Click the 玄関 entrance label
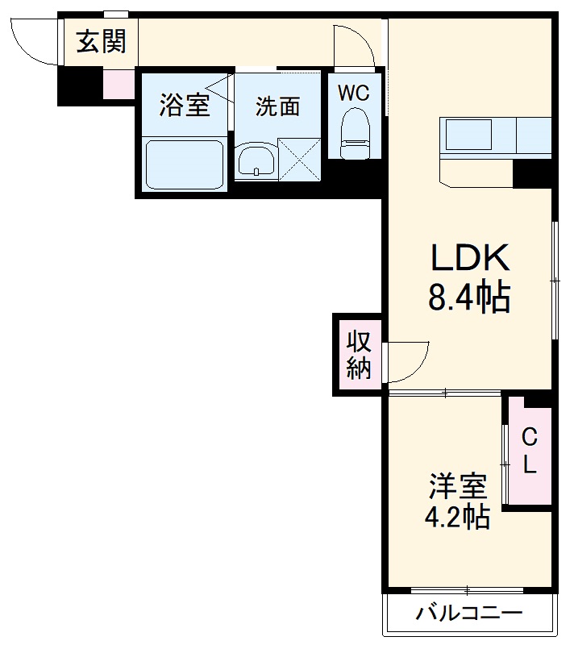[101, 41]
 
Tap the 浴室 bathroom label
[184, 106]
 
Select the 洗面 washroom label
[278, 106]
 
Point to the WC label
[353, 93]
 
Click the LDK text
[468, 258]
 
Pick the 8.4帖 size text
[468, 298]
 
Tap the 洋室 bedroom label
[456, 487]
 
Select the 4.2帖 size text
[456, 516]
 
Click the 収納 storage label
[359, 355]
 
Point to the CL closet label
[529, 451]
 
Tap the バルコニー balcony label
[468, 614]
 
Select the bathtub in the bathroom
[184, 164]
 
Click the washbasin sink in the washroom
[256, 160]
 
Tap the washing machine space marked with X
[299, 157]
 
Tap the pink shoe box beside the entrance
[119, 85]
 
